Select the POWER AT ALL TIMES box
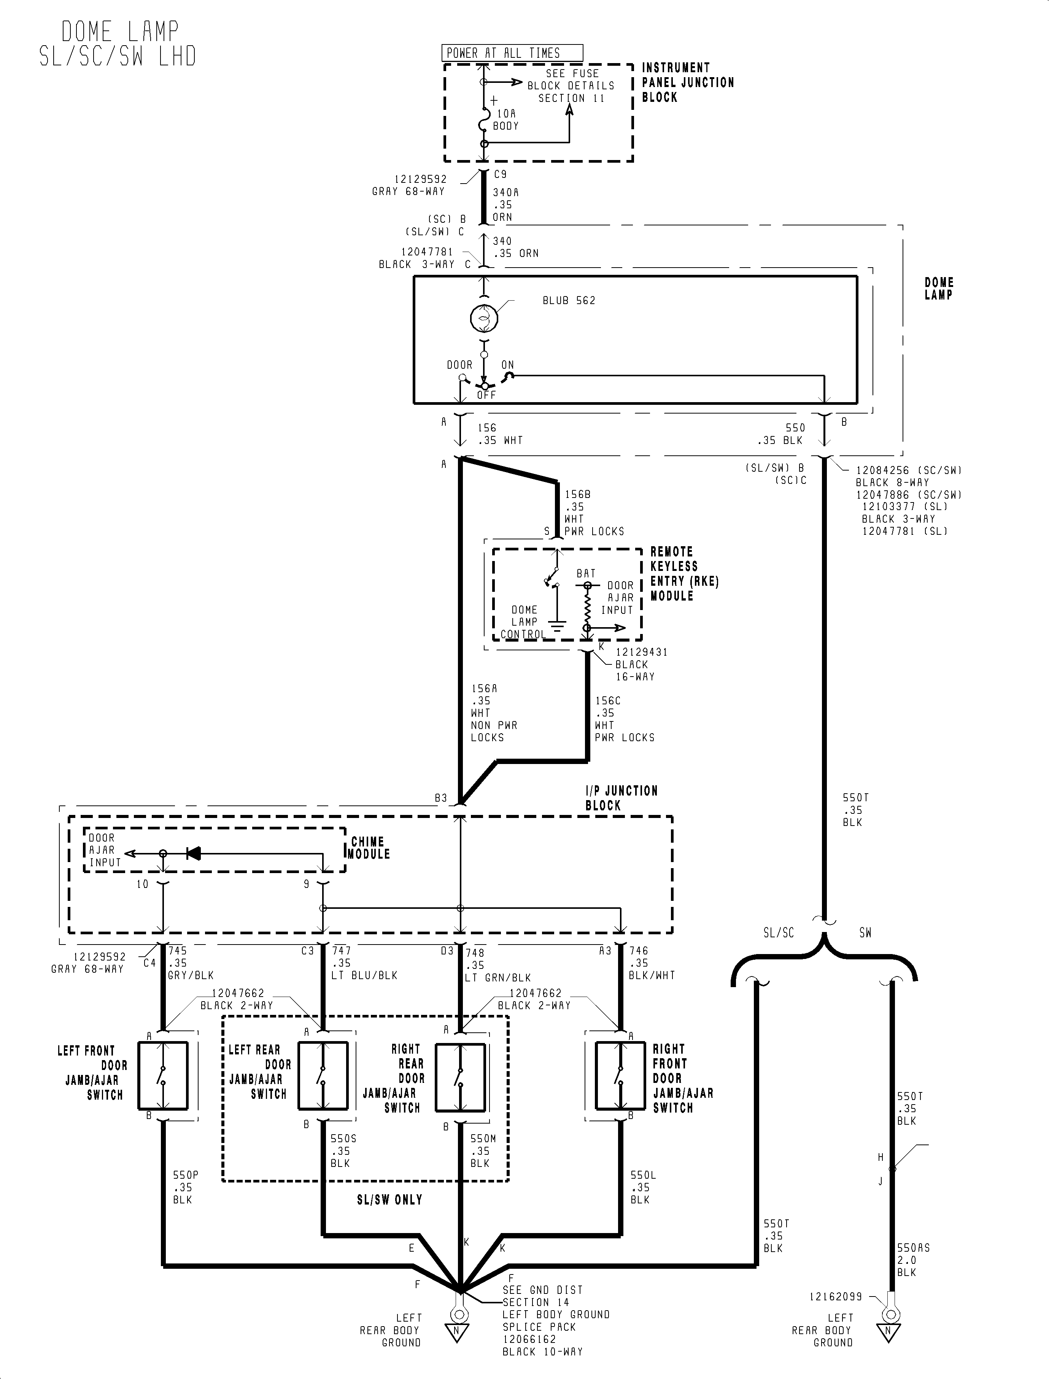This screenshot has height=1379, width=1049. (512, 53)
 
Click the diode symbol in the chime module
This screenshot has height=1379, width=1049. (194, 853)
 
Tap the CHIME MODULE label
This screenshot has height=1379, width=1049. (369, 848)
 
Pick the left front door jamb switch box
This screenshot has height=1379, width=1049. (163, 1076)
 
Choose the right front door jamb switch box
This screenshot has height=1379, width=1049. (620, 1076)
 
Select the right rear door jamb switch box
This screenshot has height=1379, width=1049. (460, 1076)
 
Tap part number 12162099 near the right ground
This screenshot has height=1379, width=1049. (836, 1297)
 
